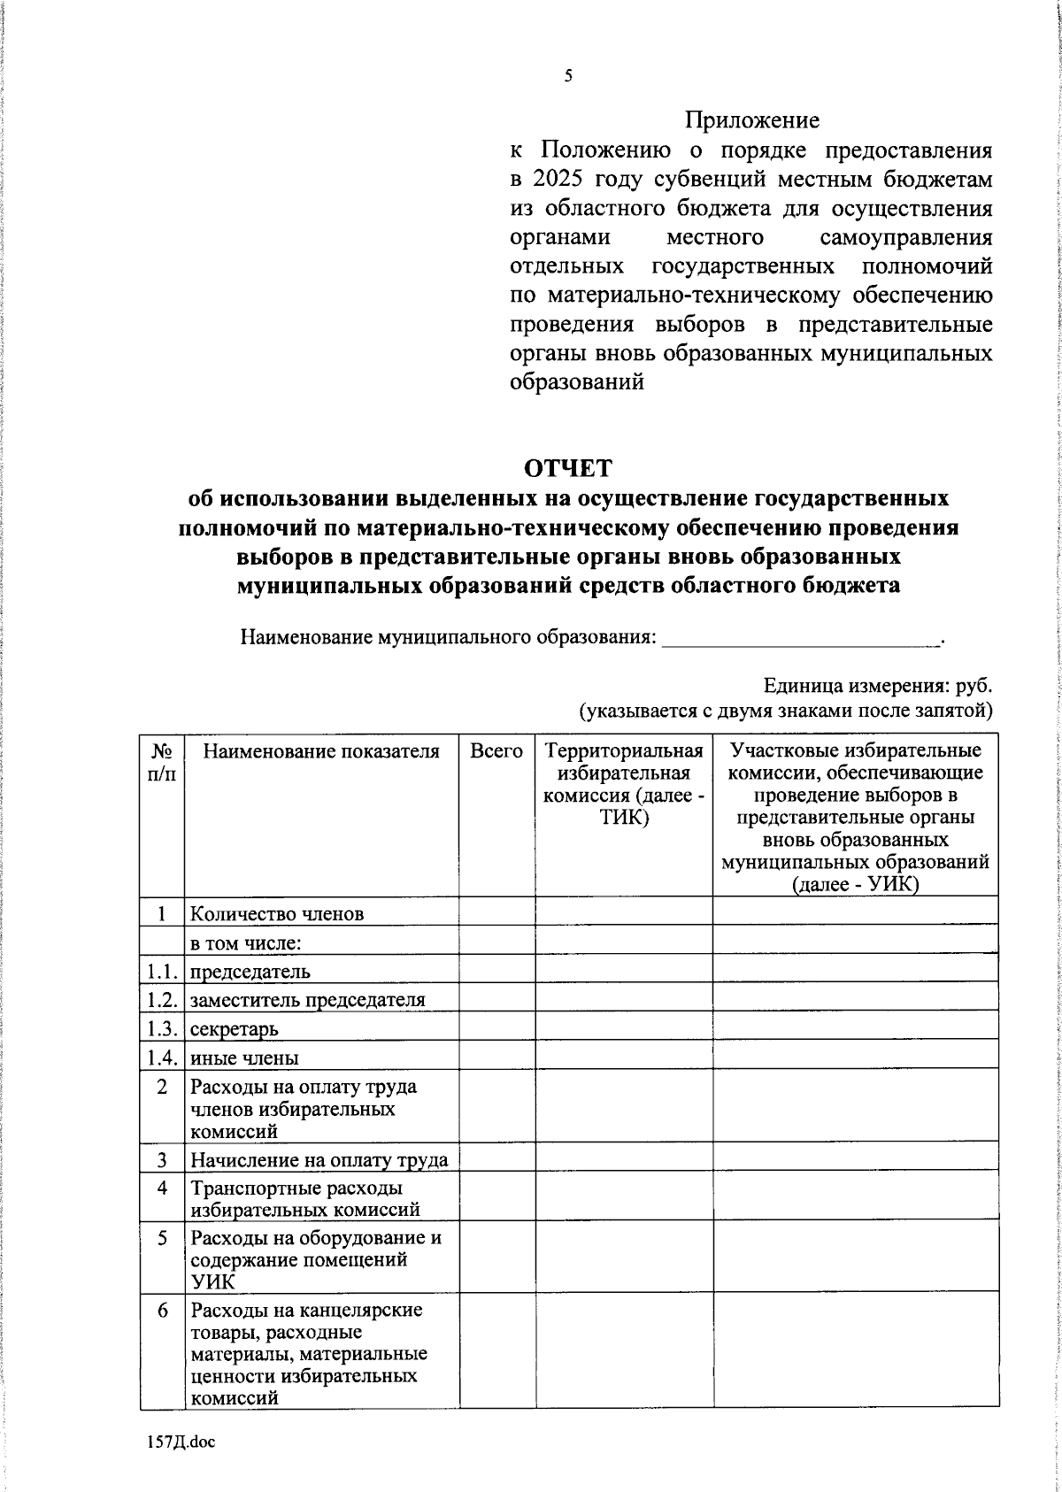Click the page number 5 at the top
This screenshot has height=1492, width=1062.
coord(568,76)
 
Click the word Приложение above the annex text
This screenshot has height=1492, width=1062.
coord(752,120)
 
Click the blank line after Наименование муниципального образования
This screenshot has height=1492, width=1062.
coord(801,637)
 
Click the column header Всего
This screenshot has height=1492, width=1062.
coord(496,751)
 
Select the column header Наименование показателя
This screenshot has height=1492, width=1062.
coord(321,751)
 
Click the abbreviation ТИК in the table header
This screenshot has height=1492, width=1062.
coord(624,817)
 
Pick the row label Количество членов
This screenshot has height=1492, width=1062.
coord(277,913)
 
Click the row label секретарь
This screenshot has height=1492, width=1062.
coord(234,1029)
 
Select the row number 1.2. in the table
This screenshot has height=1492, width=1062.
coord(163,1000)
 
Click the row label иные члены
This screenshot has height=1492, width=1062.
coord(244,1057)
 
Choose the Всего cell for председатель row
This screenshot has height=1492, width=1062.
coord(496,971)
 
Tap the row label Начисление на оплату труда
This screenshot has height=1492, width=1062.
coord(319,1160)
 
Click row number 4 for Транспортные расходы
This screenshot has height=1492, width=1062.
coord(162,1188)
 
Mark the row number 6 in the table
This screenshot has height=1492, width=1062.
coord(162,1310)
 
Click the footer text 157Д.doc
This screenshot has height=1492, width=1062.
coord(181,1442)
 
